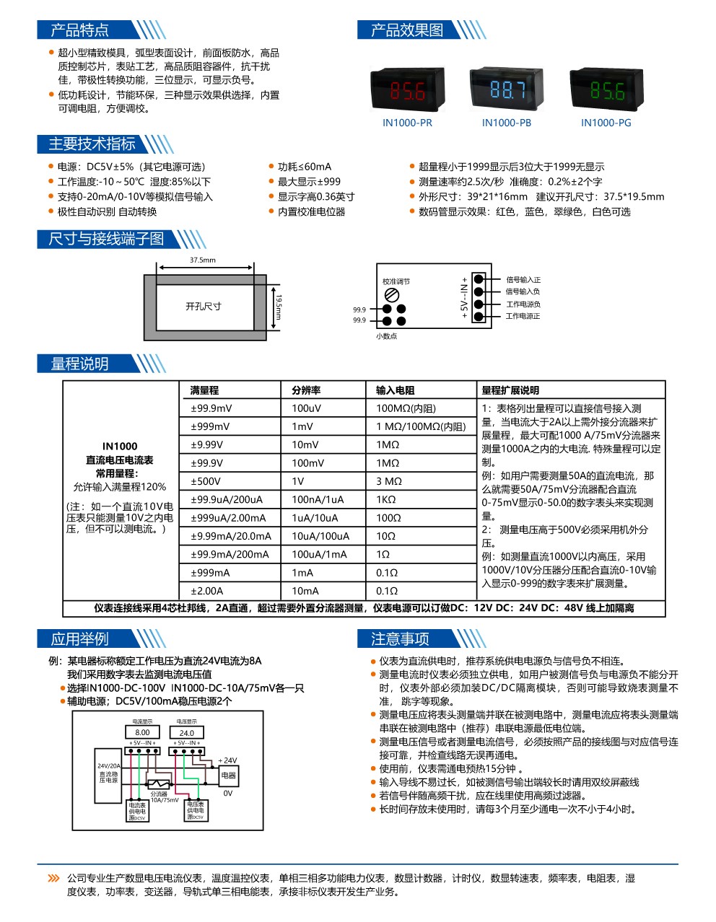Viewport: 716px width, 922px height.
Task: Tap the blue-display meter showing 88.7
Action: pos(507,89)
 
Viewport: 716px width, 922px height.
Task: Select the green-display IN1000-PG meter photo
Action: pos(606,89)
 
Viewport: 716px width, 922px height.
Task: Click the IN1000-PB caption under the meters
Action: pos(507,123)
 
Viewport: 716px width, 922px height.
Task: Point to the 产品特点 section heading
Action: pos(80,30)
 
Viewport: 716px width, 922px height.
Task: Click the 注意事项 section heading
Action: pos(401,639)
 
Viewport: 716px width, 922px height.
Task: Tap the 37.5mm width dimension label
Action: pos(203,260)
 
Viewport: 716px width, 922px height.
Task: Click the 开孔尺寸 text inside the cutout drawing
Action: pos(204,307)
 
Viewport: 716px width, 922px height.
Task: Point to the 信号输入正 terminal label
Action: pos(523,280)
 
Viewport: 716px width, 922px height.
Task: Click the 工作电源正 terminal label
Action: pos(523,316)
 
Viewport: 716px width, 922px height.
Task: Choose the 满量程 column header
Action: pos(205,390)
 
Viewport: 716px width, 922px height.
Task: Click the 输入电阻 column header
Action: pos(396,390)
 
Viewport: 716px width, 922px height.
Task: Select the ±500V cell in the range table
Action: pos(206,481)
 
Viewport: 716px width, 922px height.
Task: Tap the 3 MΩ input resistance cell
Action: pos(389,481)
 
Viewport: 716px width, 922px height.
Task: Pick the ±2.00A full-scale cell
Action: pos(207,591)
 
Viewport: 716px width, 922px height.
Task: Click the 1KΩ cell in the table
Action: pos(386,499)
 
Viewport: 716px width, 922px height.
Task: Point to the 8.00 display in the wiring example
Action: pos(142,732)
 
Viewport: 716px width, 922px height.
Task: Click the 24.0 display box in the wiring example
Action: pos(186,732)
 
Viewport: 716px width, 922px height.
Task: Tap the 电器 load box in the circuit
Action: pos(229,776)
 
